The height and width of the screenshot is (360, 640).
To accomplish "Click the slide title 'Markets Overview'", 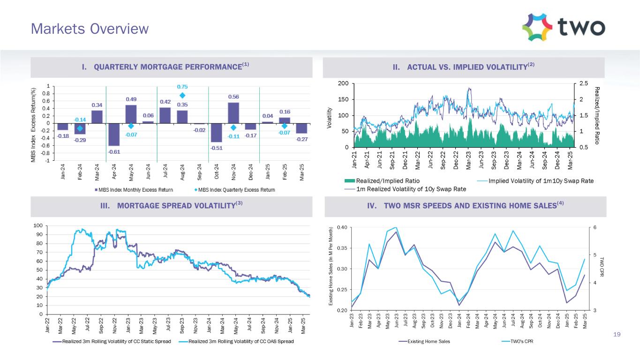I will (90, 29).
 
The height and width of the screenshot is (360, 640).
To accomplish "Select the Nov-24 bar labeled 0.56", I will (233, 112).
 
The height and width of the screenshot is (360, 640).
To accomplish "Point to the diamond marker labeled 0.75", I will (182, 96).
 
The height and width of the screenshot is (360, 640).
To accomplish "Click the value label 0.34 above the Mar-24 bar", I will (97, 105).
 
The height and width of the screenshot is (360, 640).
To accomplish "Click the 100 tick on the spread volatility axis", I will (39, 226).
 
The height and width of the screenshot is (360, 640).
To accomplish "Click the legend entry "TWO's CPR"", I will (518, 341).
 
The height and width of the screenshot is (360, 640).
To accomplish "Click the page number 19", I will (617, 334).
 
